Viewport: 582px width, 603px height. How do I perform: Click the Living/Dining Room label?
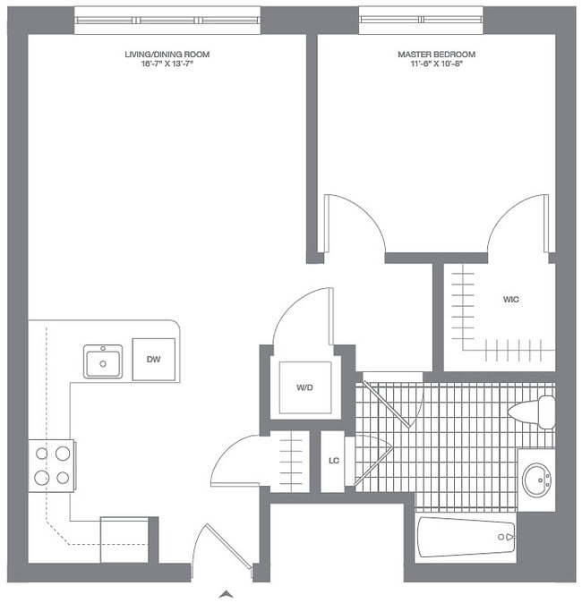coord(167,55)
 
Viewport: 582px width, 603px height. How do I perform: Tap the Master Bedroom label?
coord(436,55)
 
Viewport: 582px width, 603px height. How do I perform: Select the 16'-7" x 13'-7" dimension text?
coord(167,65)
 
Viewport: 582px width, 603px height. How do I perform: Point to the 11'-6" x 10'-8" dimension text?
coord(436,65)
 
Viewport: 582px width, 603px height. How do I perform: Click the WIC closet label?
coord(511,300)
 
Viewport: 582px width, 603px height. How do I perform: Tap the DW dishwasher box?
coord(154,360)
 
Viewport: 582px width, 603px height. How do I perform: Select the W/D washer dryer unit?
coord(304,387)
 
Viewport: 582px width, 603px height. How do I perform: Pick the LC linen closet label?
coord(332,462)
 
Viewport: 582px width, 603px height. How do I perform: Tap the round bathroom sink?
coord(537,479)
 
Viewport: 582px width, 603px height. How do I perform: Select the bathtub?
coord(466,538)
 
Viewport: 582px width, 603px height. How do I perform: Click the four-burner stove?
coord(52,465)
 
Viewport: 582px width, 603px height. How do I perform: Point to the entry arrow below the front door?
coord(227,592)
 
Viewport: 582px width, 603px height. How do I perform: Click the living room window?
coord(167,20)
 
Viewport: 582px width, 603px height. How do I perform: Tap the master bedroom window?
coord(421,20)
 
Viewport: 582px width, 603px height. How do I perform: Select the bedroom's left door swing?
coord(353,225)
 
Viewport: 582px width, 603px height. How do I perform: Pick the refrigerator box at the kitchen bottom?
coord(124,539)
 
